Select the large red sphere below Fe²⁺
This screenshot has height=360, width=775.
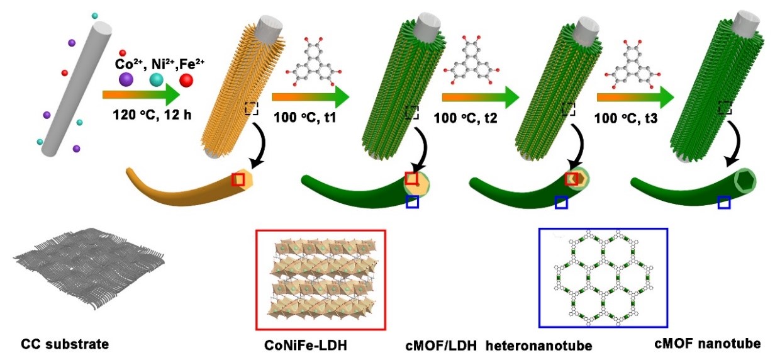[186, 80]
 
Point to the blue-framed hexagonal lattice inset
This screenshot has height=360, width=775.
[603, 278]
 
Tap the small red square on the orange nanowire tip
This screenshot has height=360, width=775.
[238, 180]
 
